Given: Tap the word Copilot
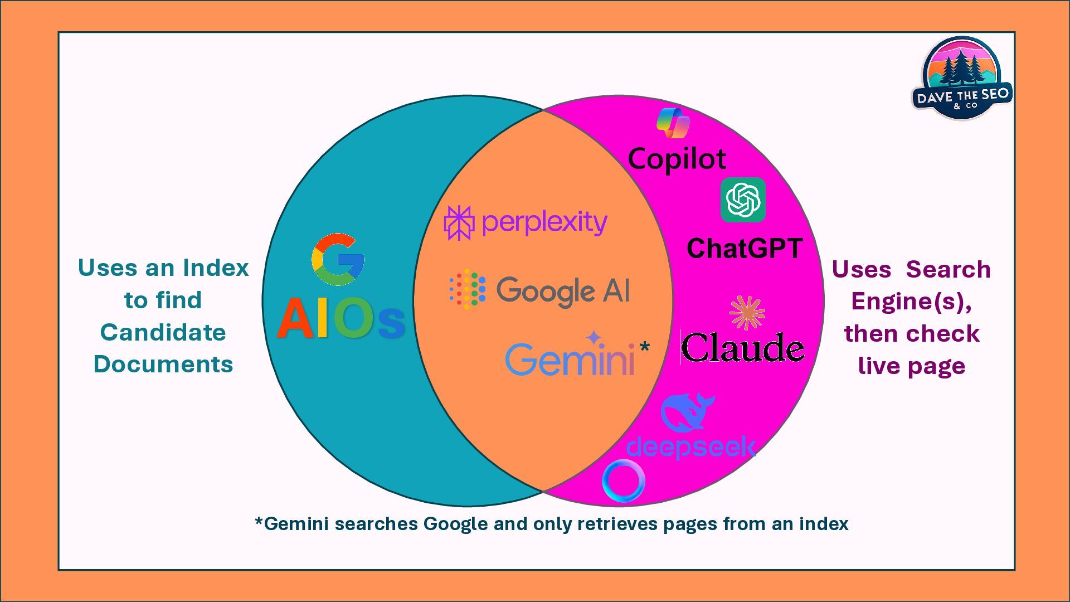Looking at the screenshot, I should click(677, 159).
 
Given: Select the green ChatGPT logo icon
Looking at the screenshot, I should click(743, 200).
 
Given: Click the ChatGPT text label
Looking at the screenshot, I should click(745, 249).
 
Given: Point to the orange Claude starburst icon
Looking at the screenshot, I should click(747, 313).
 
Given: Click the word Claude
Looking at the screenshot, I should click(742, 348).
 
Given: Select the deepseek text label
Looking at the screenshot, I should click(691, 447).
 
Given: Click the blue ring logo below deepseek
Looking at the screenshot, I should click(624, 480).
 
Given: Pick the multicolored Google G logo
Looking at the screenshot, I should click(338, 260).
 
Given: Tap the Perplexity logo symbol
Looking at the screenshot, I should click(459, 223).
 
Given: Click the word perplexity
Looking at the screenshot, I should click(544, 223).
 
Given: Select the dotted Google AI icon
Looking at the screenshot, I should click(468, 289).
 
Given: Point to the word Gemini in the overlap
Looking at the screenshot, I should click(570, 360).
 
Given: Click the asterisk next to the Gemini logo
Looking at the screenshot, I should click(645, 347).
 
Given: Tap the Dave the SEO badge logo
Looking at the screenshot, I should click(962, 78).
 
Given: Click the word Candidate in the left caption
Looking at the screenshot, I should click(163, 333).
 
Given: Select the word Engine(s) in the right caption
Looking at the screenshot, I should click(911, 302).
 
